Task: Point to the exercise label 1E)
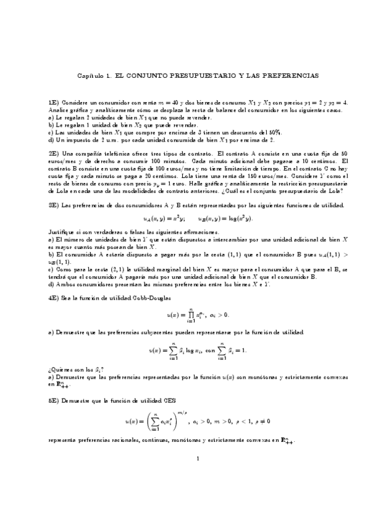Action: click(53, 101)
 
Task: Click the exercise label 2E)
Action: click(53, 153)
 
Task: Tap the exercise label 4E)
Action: click(53, 298)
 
